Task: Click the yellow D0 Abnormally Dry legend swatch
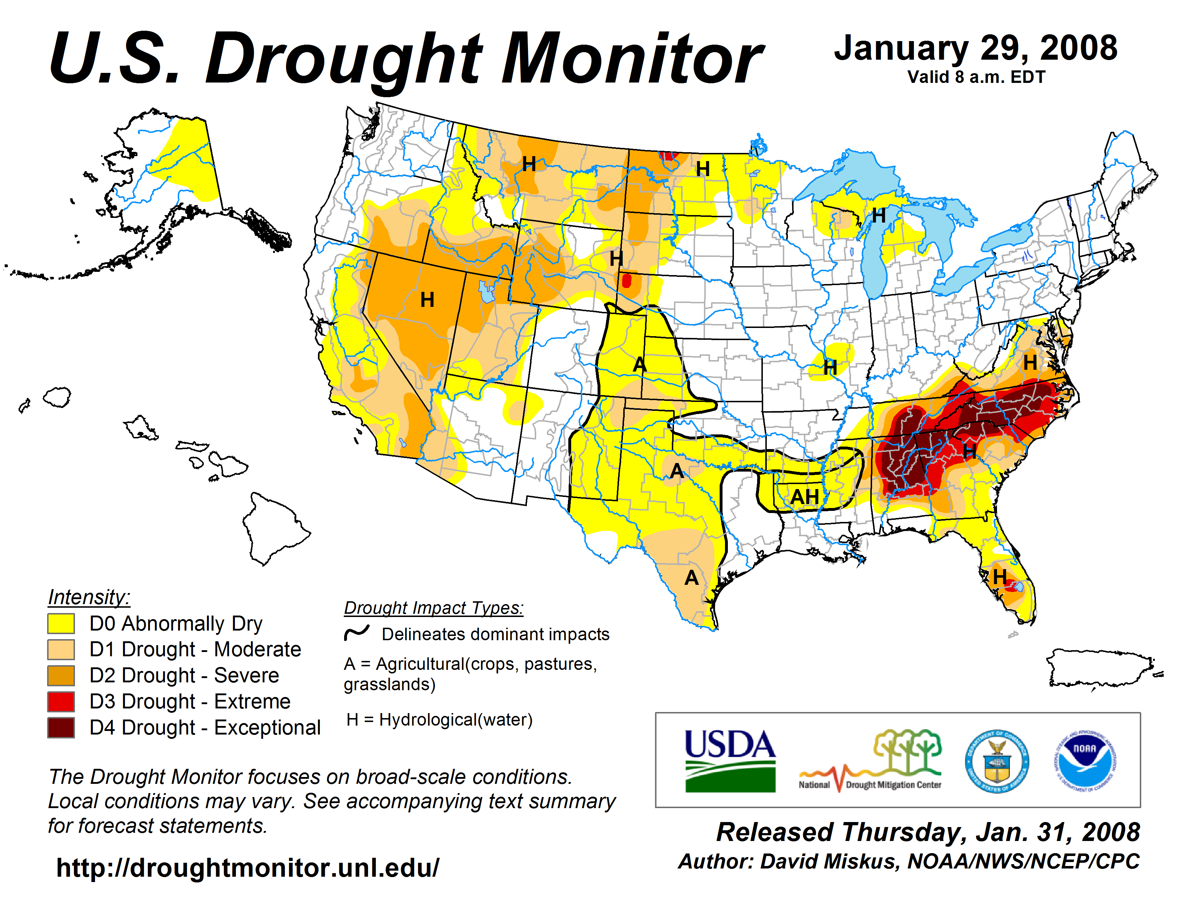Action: click(61, 623)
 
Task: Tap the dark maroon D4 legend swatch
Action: click(61, 727)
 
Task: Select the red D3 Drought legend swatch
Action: click(61, 702)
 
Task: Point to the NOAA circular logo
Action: click(1085, 761)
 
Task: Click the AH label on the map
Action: click(805, 497)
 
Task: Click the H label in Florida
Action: click(1000, 576)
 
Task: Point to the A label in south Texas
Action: click(691, 578)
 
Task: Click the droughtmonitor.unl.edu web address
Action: click(248, 868)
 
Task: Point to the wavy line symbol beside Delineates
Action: click(357, 632)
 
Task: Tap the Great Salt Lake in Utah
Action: click(487, 292)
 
